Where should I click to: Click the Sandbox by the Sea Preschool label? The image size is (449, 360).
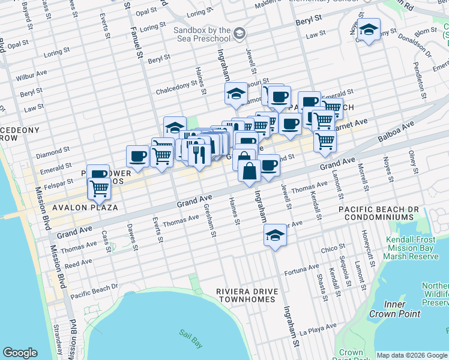(202, 34)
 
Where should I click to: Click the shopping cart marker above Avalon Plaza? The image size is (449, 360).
(99, 188)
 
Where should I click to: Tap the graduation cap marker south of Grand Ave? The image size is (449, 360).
(275, 235)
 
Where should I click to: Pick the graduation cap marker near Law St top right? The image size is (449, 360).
(369, 29)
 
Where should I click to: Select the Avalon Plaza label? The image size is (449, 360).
(83, 207)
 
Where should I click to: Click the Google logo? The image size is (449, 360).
(20, 353)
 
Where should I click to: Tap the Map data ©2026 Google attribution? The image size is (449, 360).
(412, 355)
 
